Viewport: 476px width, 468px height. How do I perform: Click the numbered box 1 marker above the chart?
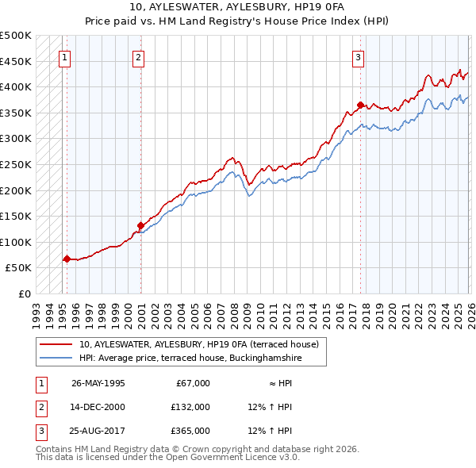pos(64,57)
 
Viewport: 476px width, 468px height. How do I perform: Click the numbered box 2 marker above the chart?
pos(138,57)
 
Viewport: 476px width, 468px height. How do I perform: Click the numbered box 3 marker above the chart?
pos(358,57)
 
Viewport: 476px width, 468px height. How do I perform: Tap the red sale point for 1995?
pos(67,259)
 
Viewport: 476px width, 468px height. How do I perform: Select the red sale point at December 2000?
pos(140,224)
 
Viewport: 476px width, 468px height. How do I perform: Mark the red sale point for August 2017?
pos(360,105)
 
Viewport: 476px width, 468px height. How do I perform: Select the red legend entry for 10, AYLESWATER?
pos(198,344)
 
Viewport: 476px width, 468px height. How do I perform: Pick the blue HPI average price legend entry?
pos(190,358)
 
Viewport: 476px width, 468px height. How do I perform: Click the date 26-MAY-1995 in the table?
pos(98,383)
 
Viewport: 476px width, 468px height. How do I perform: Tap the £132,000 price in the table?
pos(190,407)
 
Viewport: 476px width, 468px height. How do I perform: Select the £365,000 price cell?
pos(190,431)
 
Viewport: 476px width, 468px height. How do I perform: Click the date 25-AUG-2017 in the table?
pos(98,431)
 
